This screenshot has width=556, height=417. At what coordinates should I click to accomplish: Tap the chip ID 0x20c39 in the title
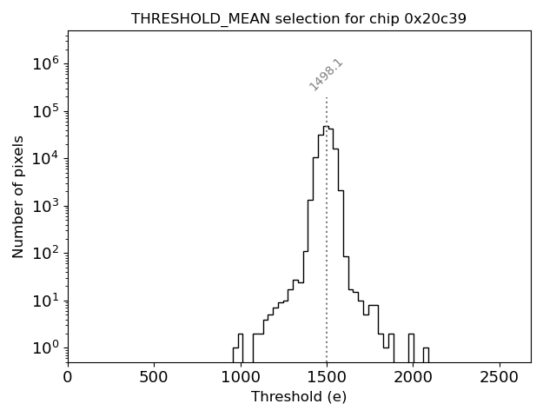point(435,18)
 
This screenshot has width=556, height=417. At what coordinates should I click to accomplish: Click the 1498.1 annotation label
point(327,75)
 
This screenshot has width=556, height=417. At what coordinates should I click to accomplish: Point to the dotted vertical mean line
point(327,243)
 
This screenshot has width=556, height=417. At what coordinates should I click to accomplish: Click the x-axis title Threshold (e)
point(299,396)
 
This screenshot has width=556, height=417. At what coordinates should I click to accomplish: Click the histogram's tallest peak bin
point(325,127)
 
